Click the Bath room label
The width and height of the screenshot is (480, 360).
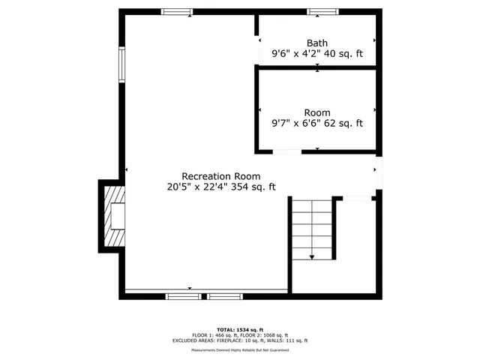click(x=316, y=43)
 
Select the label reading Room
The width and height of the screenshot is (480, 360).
click(x=316, y=113)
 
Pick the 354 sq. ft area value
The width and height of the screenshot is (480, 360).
click(x=251, y=187)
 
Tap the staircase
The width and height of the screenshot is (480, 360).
click(x=312, y=229)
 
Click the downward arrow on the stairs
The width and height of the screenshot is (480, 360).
click(x=312, y=255)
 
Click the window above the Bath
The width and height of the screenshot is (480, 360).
click(x=322, y=12)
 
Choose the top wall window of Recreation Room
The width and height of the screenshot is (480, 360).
click(x=177, y=12)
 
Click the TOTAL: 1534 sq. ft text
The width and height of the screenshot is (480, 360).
click(x=239, y=328)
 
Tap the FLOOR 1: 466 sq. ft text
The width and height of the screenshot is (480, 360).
click(x=213, y=334)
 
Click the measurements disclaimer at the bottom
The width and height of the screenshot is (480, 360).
click(x=239, y=349)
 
